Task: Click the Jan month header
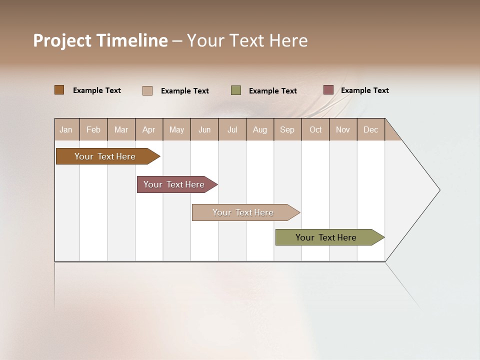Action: [66, 129]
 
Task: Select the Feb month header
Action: [93, 129]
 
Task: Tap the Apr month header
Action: [148, 129]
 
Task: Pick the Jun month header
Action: [204, 129]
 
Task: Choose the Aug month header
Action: [259, 129]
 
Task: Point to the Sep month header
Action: [287, 129]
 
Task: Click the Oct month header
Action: [315, 129]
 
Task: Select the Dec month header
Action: [370, 129]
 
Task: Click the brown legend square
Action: [59, 90]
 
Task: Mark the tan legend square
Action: [147, 90]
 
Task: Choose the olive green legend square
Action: [236, 90]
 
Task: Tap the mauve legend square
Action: [328, 90]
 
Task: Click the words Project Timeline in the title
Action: [100, 40]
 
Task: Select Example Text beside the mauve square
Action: [364, 90]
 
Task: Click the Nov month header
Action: [343, 129]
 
